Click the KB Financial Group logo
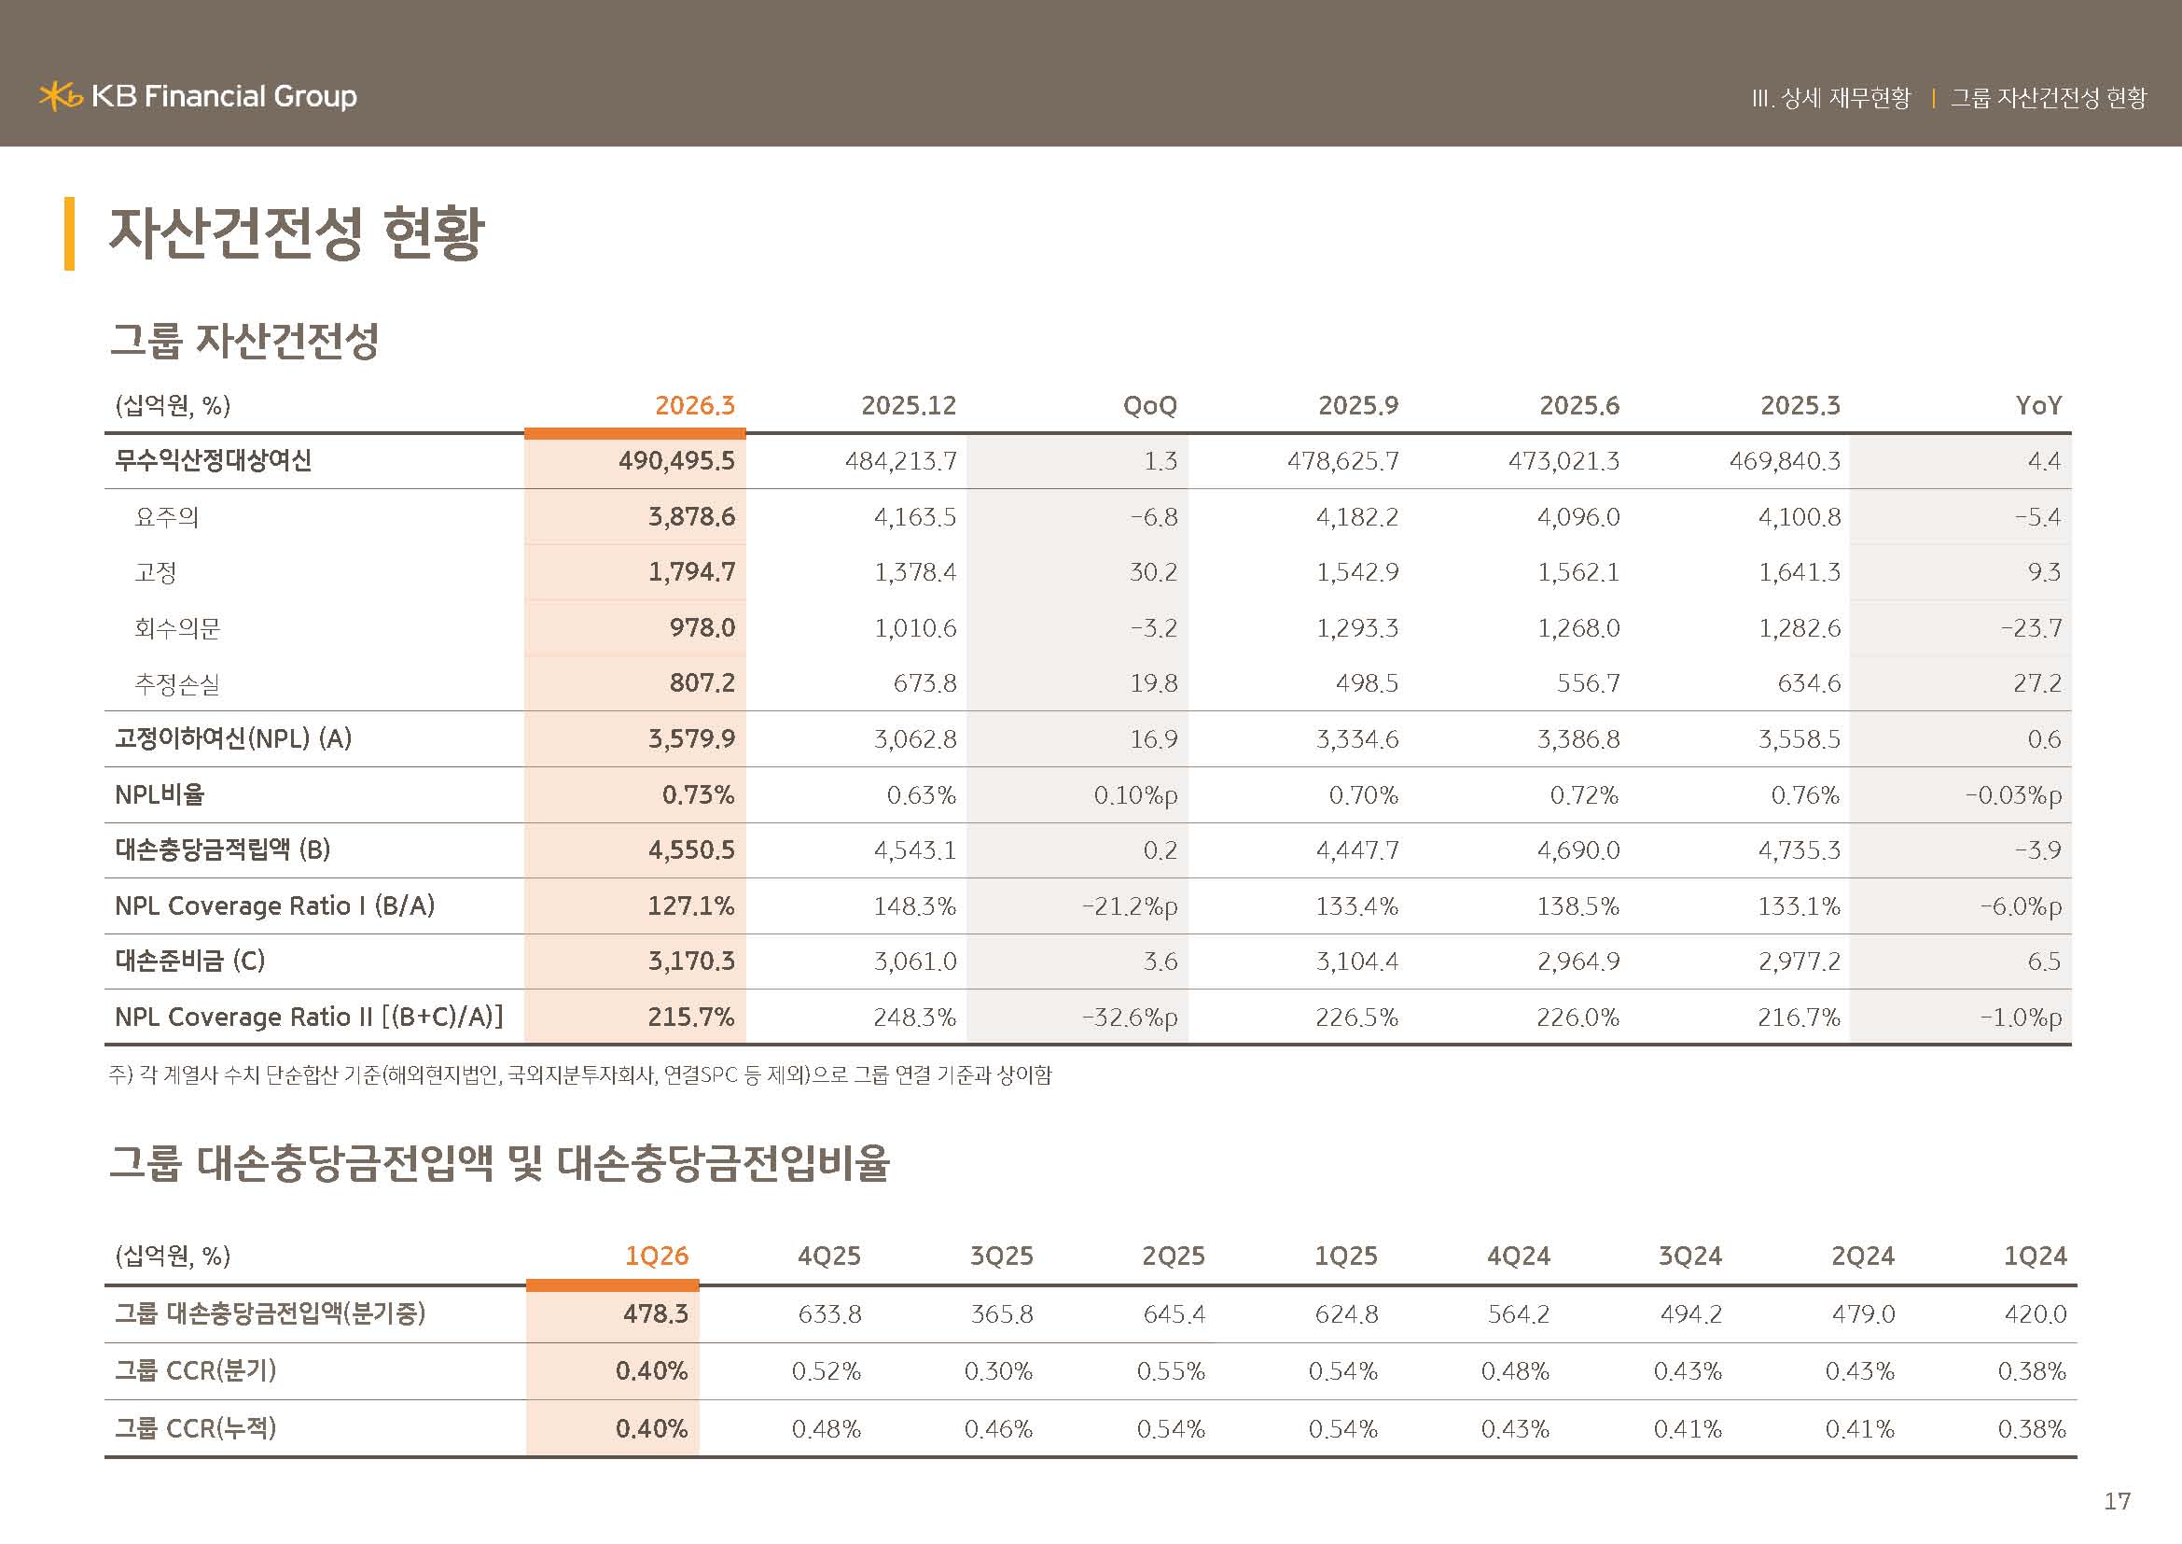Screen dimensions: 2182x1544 198,96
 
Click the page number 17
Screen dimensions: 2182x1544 2117,1501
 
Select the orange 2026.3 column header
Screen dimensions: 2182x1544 695,406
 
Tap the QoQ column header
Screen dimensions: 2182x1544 1150,406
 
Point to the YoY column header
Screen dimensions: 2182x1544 2038,406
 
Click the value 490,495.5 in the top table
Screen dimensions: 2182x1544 676,461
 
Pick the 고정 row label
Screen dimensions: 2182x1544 156,572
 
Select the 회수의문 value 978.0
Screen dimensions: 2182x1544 702,627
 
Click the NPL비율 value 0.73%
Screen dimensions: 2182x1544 699,794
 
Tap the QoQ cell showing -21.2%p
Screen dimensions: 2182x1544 1130,906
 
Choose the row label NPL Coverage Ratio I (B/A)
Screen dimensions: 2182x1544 274,906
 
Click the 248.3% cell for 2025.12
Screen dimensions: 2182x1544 914,1018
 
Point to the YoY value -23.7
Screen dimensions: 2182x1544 2031,627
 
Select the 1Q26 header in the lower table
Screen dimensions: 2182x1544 657,1256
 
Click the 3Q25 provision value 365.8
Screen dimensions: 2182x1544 1002,1314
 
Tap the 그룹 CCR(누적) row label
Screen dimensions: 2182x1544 196,1428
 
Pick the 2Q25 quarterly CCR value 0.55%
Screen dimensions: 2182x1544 1171,1371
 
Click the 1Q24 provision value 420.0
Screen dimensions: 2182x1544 2036,1314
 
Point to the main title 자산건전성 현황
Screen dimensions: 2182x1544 297,232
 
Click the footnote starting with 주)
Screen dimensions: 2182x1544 580,1075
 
